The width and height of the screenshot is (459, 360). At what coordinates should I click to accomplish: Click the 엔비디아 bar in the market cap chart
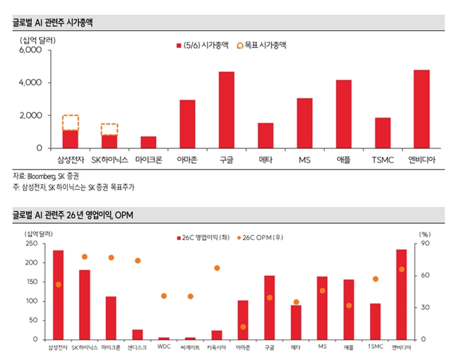pyautogui.click(x=422, y=109)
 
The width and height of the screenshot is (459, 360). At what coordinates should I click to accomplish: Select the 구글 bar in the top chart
pyautogui.click(x=227, y=110)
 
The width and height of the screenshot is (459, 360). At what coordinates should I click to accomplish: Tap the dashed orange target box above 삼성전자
pyautogui.click(x=71, y=123)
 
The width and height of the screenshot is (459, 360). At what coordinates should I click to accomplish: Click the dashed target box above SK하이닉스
pyautogui.click(x=109, y=129)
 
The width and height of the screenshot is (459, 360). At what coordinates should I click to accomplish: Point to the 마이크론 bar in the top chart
pyautogui.click(x=148, y=143)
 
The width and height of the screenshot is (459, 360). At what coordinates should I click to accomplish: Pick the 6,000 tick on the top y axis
pyautogui.click(x=30, y=49)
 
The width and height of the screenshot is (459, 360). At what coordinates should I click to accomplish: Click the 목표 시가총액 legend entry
pyautogui.click(x=262, y=45)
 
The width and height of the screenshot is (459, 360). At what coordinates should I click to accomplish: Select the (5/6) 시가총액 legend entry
pyautogui.click(x=203, y=45)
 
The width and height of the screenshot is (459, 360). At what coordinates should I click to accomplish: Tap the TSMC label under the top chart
pyautogui.click(x=383, y=160)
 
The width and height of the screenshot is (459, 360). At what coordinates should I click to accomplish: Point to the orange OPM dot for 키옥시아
pyautogui.click(x=217, y=268)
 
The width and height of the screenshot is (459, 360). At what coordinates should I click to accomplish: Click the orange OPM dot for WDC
pyautogui.click(x=164, y=296)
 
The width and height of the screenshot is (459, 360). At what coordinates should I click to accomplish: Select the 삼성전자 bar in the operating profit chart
pyautogui.click(x=58, y=295)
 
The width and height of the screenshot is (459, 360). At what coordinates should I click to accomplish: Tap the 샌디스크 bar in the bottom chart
pyautogui.click(x=138, y=335)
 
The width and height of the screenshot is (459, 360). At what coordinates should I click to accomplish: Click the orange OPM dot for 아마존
pyautogui.click(x=243, y=327)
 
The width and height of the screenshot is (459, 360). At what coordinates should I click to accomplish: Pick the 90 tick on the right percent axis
pyautogui.click(x=425, y=244)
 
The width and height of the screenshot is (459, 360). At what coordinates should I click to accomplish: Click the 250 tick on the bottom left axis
pyautogui.click(x=32, y=244)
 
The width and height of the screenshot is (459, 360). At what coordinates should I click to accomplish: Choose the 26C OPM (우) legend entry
pyautogui.click(x=261, y=238)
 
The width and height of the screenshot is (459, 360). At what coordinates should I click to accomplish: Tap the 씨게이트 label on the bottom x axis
pyautogui.click(x=190, y=347)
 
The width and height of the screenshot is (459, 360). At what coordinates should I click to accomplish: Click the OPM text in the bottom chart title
pyautogui.click(x=124, y=215)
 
